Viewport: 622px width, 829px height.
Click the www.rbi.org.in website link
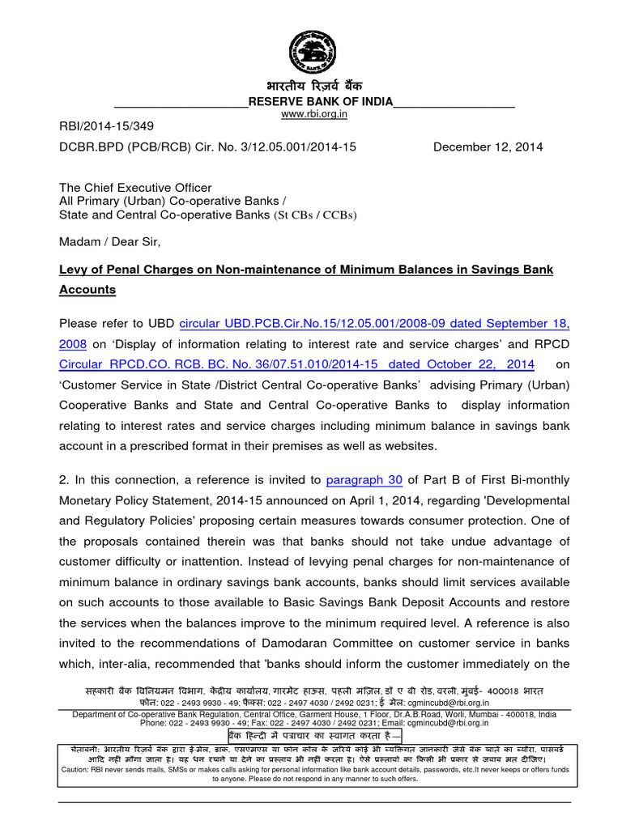[x=313, y=115]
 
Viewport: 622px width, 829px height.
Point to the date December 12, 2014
[x=488, y=147]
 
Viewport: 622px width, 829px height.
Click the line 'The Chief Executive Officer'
[x=135, y=187]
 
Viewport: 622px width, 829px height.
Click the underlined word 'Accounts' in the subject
[x=87, y=289]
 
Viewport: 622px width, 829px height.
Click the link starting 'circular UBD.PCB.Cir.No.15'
[x=373, y=324]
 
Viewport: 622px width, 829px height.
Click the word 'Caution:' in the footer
[x=78, y=770]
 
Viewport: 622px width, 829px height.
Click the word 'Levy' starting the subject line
[x=73, y=269]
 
